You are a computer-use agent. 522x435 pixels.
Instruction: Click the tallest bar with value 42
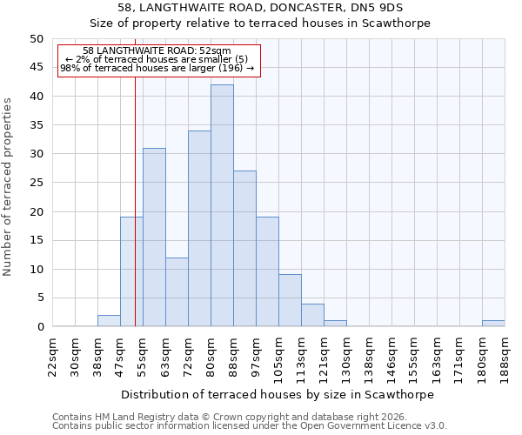(x=222, y=205)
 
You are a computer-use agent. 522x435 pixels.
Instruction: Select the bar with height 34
(x=199, y=229)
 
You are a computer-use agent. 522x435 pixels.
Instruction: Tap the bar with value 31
(x=154, y=238)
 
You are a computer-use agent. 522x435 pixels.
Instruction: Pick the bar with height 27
(x=244, y=249)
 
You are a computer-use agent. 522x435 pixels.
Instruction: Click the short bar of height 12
(x=177, y=292)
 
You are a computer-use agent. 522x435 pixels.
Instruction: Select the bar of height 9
(x=290, y=301)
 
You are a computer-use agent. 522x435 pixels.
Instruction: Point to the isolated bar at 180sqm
(x=493, y=324)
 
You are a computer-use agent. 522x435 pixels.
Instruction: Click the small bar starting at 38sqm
(x=109, y=321)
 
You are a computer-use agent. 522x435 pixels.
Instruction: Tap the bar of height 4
(x=312, y=315)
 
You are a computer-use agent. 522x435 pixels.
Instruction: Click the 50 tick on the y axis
(x=36, y=39)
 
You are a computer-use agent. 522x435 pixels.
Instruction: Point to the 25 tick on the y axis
(x=36, y=183)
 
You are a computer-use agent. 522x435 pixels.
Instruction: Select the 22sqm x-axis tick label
(x=52, y=354)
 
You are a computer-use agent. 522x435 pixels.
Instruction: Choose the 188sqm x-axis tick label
(x=505, y=354)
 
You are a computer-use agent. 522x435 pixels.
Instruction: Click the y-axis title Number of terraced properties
(x=8, y=187)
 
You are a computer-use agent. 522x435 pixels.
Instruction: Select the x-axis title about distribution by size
(x=277, y=394)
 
